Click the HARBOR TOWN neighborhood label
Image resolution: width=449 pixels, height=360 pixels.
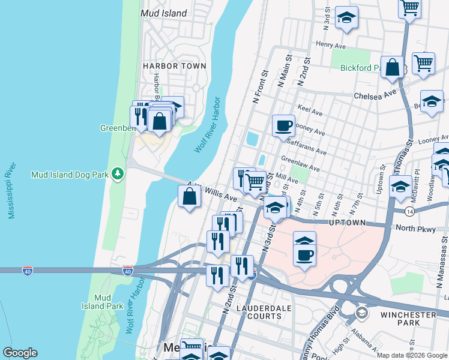174,66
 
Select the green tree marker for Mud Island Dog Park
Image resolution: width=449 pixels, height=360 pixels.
119,174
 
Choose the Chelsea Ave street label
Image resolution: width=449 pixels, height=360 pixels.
375,95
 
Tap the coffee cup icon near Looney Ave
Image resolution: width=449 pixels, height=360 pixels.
284,126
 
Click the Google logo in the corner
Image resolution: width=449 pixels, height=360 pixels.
20,353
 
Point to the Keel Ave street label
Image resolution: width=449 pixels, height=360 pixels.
310,112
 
